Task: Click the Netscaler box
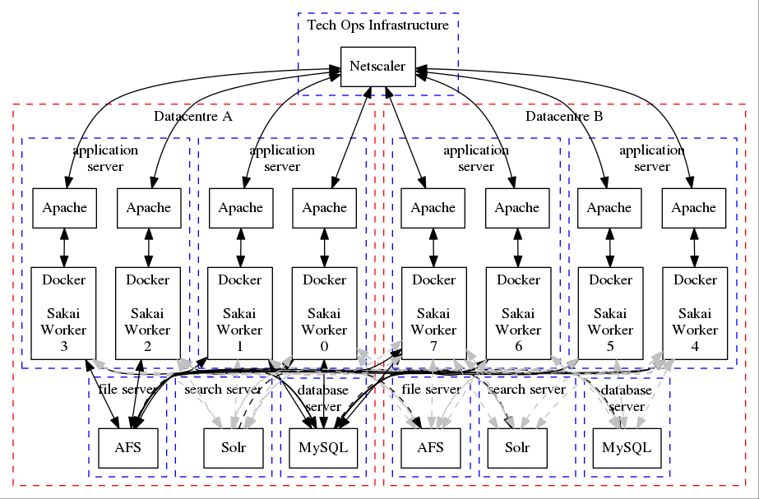pos(377,66)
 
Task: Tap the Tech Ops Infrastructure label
pos(377,25)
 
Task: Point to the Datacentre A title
pos(193,117)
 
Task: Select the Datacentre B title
pos(564,117)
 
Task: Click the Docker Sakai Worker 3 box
pos(64,313)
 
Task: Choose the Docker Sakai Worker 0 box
pos(324,313)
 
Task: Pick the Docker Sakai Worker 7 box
pos(433,313)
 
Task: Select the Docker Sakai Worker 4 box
pos(695,313)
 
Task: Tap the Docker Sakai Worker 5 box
pos(610,313)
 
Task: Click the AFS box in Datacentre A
pos(128,448)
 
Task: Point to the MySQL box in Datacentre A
pos(318,448)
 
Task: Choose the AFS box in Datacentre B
pos(431,448)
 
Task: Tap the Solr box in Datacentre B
pos(517,448)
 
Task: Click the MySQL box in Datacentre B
pos(627,448)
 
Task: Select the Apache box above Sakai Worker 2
pos(148,208)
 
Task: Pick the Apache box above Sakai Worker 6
pos(517,208)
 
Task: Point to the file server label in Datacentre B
pos(431,389)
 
